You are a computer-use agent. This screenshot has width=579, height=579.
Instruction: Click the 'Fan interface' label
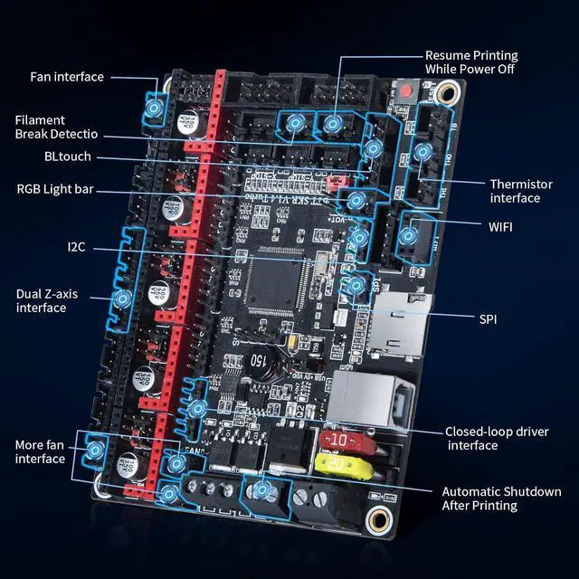(x=67, y=77)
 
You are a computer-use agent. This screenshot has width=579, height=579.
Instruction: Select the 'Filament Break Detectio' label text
(x=56, y=127)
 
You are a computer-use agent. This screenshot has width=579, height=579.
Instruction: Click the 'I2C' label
(x=77, y=246)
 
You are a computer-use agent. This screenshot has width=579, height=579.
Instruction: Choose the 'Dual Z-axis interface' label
(x=53, y=300)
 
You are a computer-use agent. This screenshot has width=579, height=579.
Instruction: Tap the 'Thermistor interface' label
(x=527, y=191)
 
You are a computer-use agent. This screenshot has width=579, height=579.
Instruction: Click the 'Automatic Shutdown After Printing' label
(x=501, y=498)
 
